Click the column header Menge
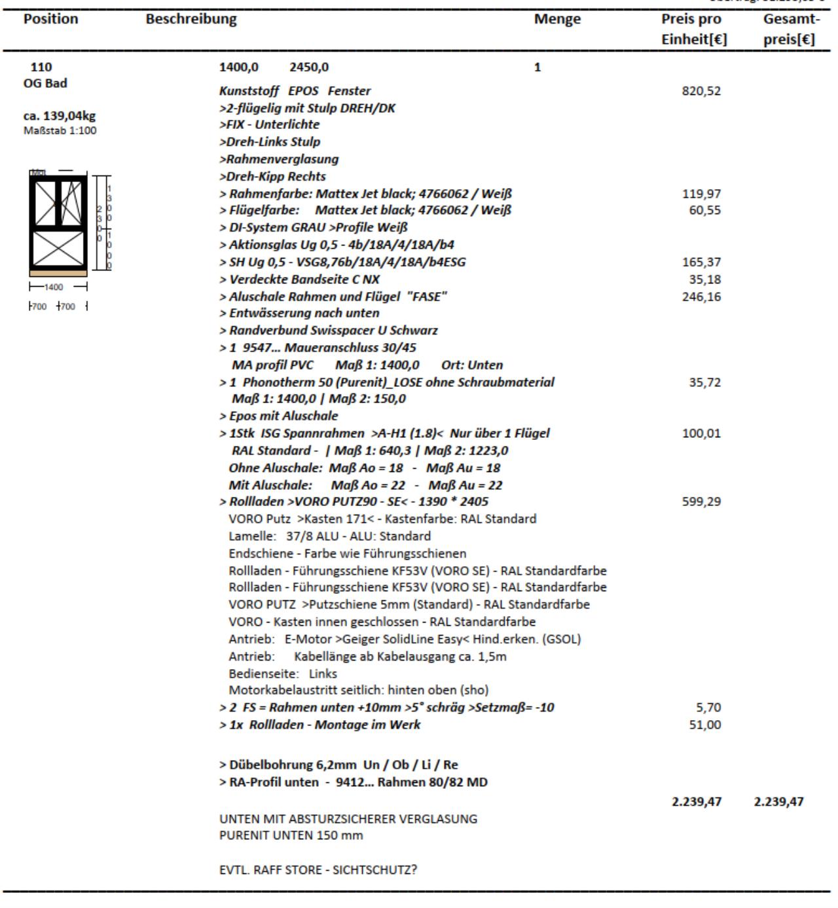click(557, 20)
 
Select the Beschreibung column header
click(191, 19)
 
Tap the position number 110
click(41, 67)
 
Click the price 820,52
click(701, 91)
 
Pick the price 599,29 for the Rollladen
click(701, 501)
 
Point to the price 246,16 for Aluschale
click(701, 297)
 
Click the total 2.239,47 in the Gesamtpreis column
click(778, 801)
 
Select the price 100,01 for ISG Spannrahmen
click(701, 433)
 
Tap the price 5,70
click(708, 708)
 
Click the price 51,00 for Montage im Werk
click(705, 725)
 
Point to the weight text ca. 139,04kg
click(60, 116)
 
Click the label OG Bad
click(45, 83)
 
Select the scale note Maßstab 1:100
click(60, 130)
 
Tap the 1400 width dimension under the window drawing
click(54, 287)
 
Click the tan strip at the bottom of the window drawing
click(58, 273)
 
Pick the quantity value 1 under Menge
click(537, 67)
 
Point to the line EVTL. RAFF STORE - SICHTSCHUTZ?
click(318, 870)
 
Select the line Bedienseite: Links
click(283, 674)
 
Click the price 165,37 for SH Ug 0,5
click(701, 263)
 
